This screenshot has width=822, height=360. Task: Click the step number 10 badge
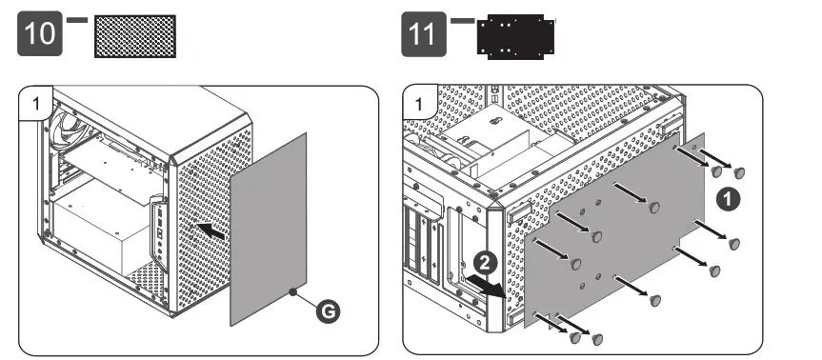pyautogui.click(x=40, y=33)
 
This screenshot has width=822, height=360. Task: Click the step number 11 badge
pyautogui.click(x=424, y=34)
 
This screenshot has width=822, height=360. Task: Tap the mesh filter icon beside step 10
pyautogui.click(x=135, y=36)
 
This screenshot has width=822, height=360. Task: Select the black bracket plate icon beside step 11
pyautogui.click(x=516, y=36)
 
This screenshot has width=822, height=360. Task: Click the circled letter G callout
pyautogui.click(x=328, y=312)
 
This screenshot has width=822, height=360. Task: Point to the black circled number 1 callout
pyautogui.click(x=728, y=200)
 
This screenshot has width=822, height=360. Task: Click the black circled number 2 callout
pyautogui.click(x=486, y=263)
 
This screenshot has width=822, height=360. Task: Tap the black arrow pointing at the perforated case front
pyautogui.click(x=211, y=231)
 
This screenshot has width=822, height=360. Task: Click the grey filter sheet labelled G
pyautogui.click(x=269, y=229)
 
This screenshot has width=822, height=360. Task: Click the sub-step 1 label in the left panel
pyautogui.click(x=35, y=103)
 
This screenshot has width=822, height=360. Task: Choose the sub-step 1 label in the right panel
pyautogui.click(x=418, y=104)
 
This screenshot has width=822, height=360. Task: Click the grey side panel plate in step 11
pyautogui.click(x=615, y=230)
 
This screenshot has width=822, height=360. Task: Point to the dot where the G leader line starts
pyautogui.click(x=294, y=290)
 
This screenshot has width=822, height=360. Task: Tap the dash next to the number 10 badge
pyautogui.click(x=77, y=20)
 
